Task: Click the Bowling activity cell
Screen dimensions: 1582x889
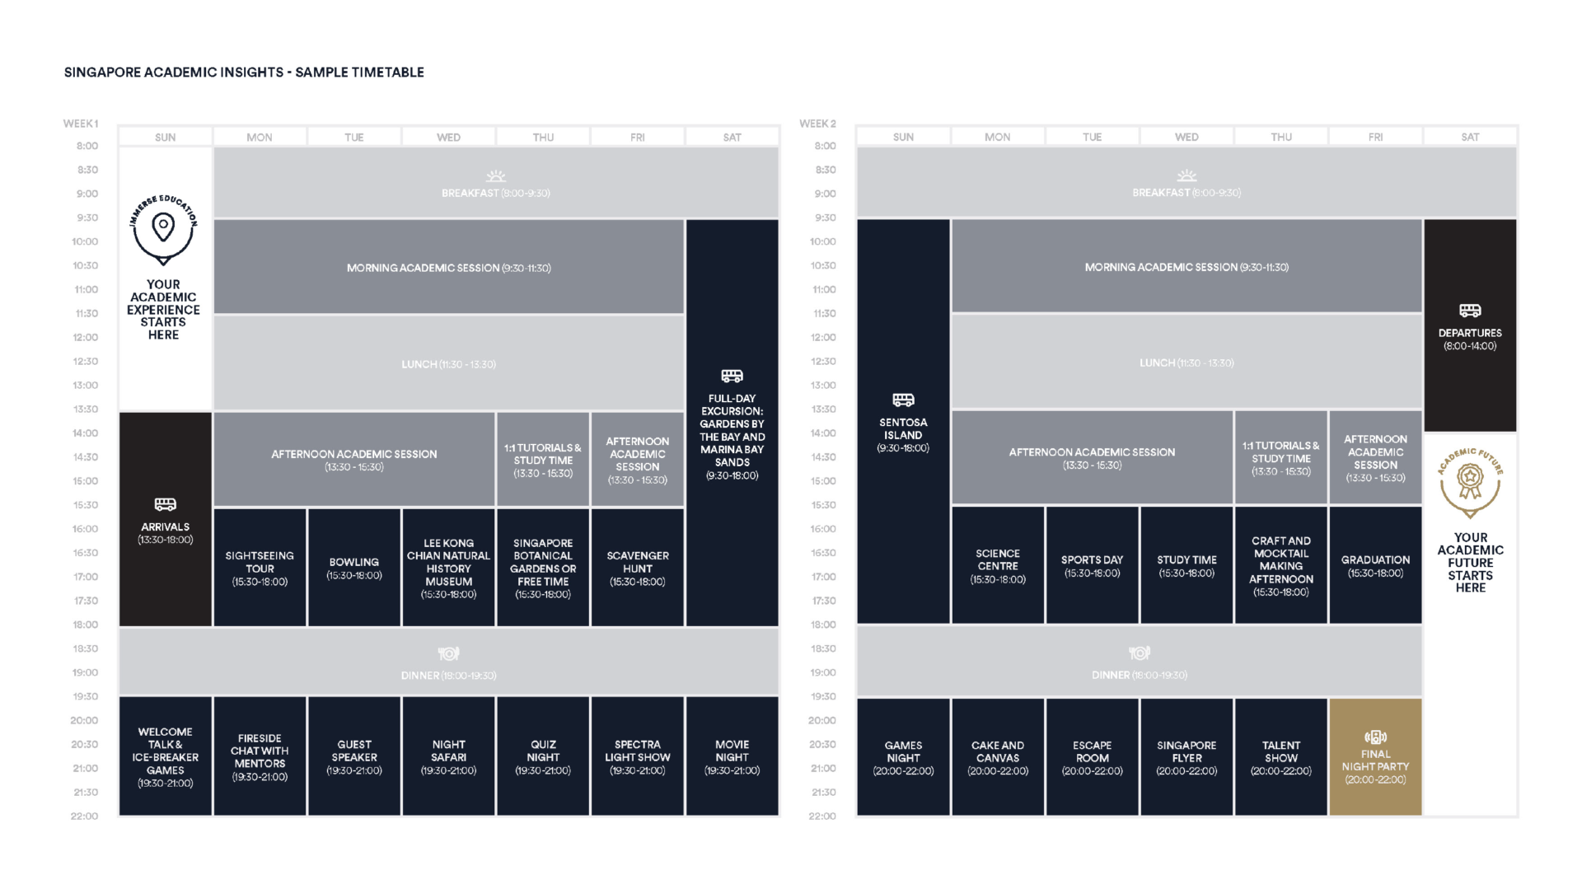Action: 354,568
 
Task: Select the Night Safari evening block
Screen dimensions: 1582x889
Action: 448,756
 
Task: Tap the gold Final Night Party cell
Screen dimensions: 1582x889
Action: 1375,757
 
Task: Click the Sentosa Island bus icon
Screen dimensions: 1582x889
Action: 903,400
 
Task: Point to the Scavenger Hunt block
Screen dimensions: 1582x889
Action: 638,568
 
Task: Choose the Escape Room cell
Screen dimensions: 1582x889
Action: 1092,757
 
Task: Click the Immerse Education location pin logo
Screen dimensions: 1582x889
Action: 163,231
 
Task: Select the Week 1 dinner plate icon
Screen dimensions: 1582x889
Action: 448,653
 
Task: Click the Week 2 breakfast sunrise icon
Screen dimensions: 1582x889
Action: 1186,175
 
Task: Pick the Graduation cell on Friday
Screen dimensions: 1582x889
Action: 1375,565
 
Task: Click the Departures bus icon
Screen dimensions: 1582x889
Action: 1470,311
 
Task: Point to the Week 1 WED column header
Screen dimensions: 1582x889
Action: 448,137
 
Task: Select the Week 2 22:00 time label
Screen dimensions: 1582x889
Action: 822,816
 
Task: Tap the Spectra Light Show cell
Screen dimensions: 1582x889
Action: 638,756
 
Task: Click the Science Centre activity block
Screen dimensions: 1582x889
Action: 998,565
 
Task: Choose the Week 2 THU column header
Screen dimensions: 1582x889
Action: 1281,137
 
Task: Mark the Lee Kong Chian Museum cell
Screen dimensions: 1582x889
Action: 448,568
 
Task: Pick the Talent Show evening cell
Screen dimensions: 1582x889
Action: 1281,757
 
